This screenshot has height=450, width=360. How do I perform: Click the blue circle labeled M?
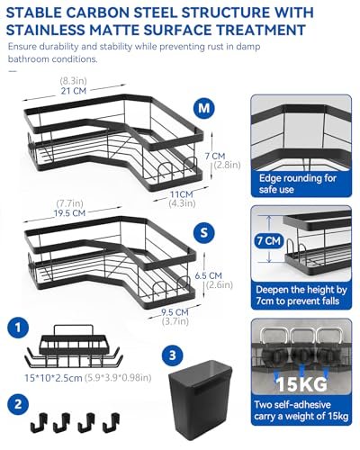pos(204,107)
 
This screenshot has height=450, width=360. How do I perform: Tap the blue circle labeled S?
pos(204,232)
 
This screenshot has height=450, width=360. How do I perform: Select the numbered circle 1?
pos(18,327)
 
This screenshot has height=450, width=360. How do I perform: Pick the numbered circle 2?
pos(18,404)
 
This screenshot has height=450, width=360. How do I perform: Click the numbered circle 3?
pos(173,355)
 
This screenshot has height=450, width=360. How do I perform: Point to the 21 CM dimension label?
pos(74,91)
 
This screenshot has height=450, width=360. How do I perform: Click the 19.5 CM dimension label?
pos(69,213)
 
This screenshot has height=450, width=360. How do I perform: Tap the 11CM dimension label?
pos(182,194)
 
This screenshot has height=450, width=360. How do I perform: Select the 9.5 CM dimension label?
pos(175,312)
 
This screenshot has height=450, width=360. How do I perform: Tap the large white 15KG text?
pos(301,383)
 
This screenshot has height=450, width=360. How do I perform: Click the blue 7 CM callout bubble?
pos(269,240)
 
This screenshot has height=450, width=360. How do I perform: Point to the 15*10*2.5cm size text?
pos(53,378)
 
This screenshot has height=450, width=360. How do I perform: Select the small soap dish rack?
pos(74,346)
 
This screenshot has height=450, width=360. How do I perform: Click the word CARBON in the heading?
pos(96,13)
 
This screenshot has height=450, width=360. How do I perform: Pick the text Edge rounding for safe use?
pos(298,184)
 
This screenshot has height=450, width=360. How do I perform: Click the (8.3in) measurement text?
pos(73,81)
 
